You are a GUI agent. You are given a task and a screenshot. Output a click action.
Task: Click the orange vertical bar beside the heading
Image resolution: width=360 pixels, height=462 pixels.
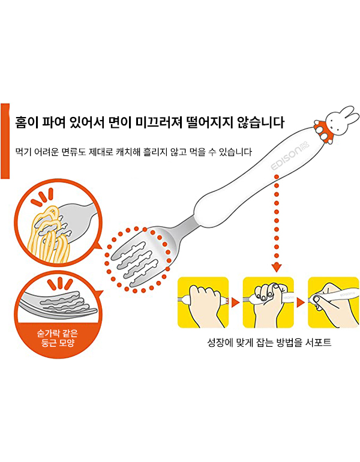point(5,141)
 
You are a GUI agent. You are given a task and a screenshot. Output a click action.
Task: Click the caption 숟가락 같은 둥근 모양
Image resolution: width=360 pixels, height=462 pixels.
point(57,338)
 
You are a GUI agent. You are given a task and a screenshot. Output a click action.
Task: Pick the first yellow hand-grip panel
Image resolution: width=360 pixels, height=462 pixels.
point(203,302)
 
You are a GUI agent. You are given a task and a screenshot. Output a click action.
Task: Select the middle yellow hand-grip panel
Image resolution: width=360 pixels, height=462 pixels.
point(268,302)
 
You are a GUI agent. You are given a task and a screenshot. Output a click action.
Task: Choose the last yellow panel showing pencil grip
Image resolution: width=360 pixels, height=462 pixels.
point(334,302)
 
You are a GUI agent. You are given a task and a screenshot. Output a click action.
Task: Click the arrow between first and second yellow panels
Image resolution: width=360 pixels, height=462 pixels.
point(236,302)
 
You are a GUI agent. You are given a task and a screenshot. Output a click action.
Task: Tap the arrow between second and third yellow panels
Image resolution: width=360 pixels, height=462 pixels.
point(301,302)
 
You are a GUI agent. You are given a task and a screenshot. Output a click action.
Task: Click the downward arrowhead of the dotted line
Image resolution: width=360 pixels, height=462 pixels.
point(277,268)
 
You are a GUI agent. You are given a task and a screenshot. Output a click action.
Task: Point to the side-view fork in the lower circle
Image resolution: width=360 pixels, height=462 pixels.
point(58,303)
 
